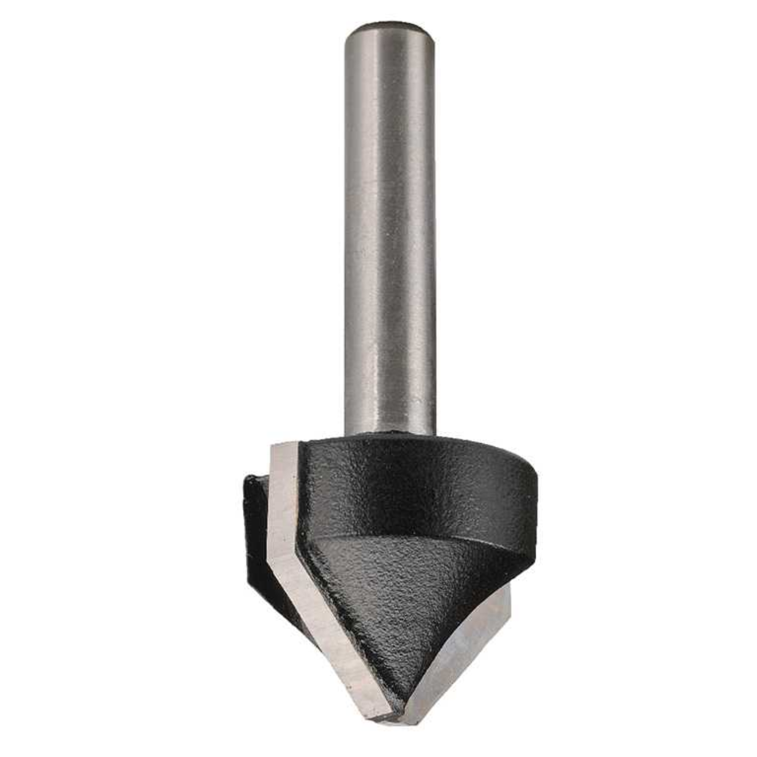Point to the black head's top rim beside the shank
click(x=470, y=440)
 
